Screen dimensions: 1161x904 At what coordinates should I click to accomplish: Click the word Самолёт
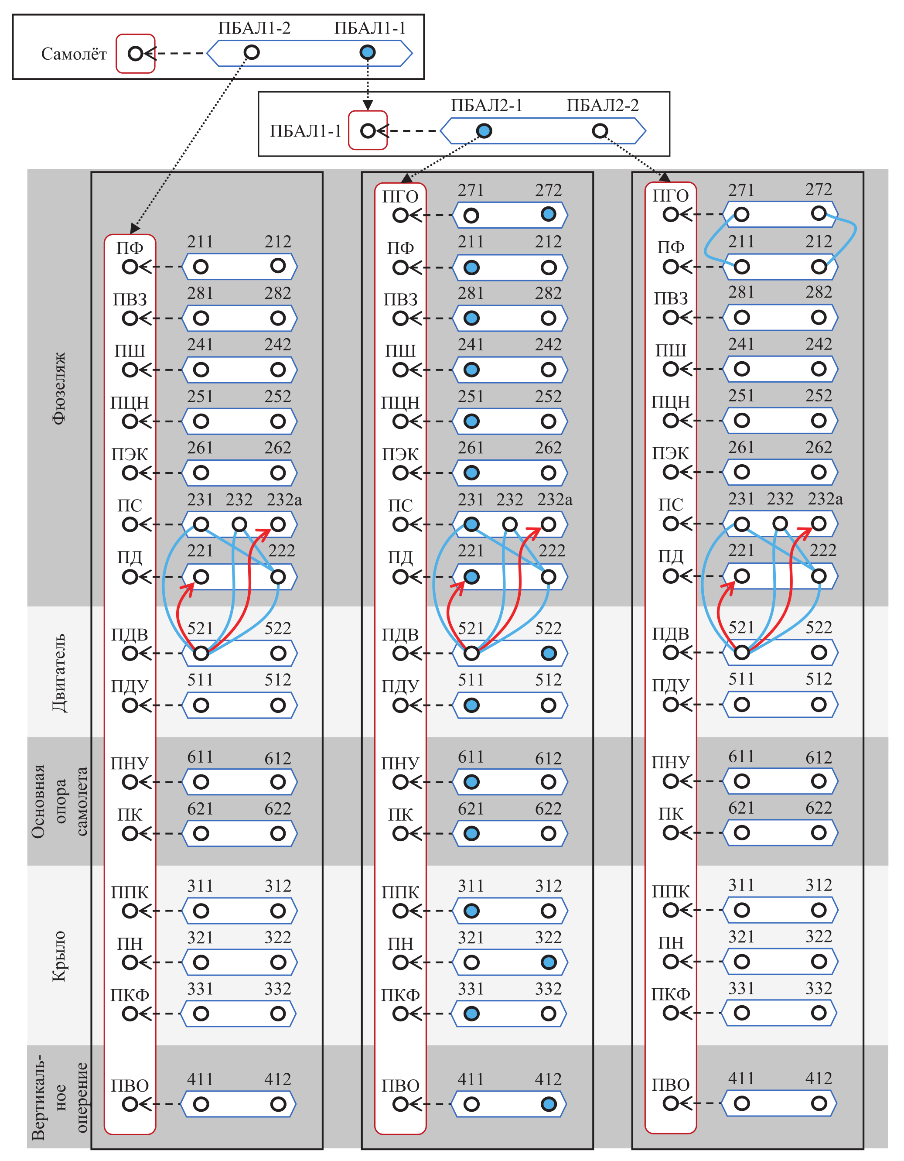[74, 54]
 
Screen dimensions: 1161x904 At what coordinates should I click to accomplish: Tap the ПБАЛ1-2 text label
[254, 28]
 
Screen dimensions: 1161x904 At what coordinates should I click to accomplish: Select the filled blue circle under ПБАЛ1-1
[367, 52]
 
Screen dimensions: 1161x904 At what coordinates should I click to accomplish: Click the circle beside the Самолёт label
[136, 54]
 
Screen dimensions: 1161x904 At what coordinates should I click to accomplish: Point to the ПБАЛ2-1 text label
[486, 105]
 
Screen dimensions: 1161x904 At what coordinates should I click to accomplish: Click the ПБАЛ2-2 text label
[602, 105]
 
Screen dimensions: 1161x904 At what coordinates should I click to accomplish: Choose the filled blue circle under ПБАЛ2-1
[484, 131]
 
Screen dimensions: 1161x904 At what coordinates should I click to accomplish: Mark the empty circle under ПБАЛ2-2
[600, 131]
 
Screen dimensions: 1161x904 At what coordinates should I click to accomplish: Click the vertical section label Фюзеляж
[59, 387]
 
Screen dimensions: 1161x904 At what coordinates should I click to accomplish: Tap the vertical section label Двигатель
[59, 672]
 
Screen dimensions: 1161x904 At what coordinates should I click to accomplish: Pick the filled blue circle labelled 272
[549, 214]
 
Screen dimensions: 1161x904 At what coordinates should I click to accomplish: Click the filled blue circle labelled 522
[549, 653]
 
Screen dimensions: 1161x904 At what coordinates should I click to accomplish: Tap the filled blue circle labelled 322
[549, 962]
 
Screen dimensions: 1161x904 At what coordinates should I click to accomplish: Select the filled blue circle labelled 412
[549, 1104]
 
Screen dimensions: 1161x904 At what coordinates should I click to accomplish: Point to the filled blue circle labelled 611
[471, 782]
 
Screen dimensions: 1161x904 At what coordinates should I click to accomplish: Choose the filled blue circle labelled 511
[471, 706]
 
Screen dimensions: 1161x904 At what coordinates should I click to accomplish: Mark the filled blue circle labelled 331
[471, 1014]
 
